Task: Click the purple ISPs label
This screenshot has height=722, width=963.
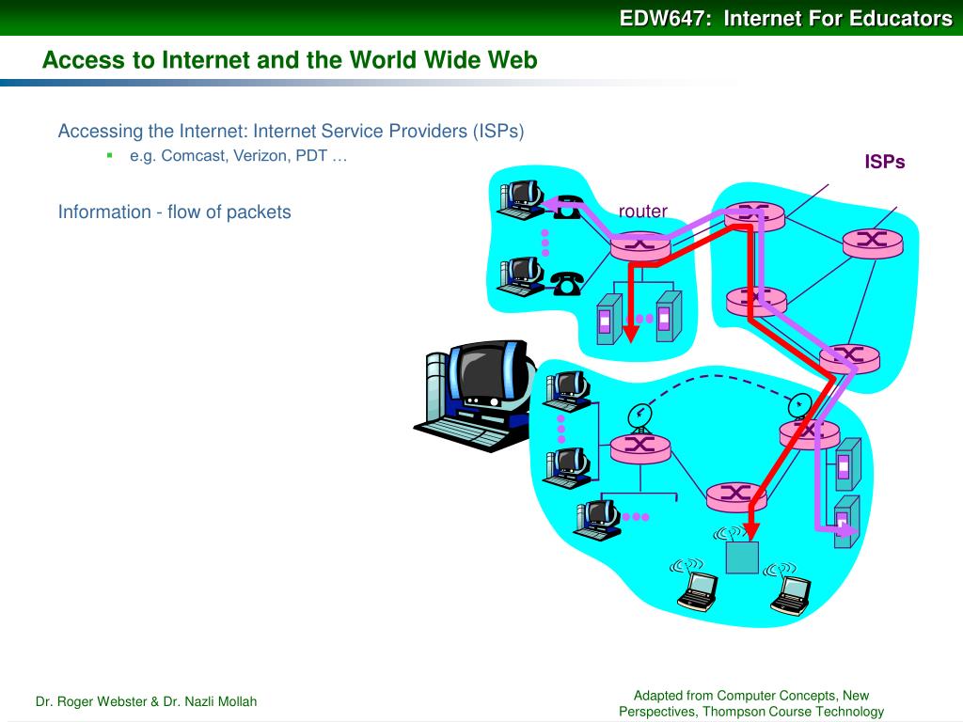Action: (x=885, y=162)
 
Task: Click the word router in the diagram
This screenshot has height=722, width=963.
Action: (x=642, y=212)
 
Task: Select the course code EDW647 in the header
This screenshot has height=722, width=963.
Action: (x=662, y=18)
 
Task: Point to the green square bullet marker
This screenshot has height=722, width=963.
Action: (x=110, y=155)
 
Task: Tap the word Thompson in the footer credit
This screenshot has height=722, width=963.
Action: (x=741, y=711)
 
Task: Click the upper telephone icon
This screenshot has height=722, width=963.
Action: (x=567, y=208)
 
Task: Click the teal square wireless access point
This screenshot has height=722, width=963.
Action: (x=742, y=557)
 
